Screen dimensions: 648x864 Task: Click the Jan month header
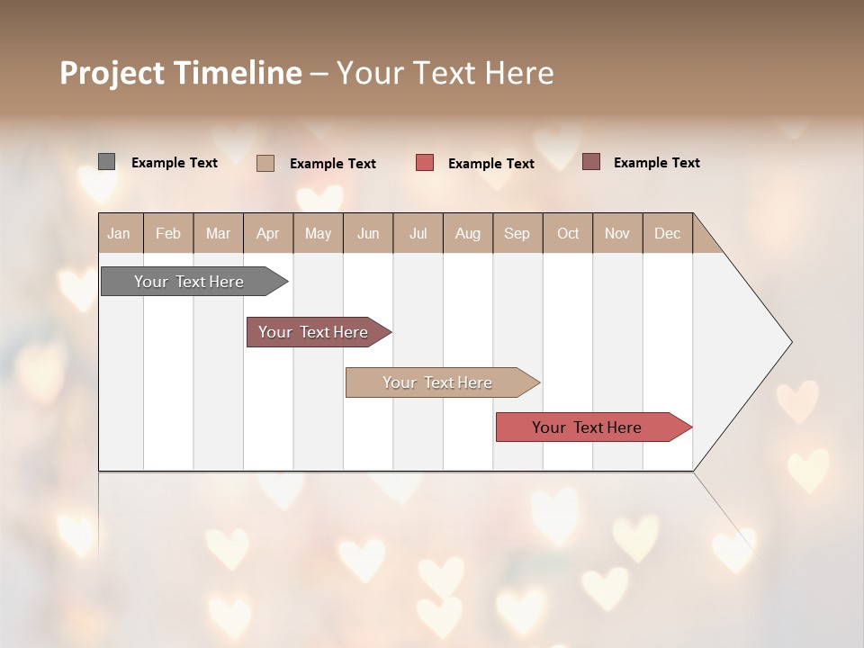pyautogui.click(x=120, y=233)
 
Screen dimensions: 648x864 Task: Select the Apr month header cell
pyautogui.click(x=268, y=233)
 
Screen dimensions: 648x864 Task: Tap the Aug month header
pyautogui.click(x=468, y=233)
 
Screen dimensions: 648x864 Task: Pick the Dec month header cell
pyautogui.click(x=667, y=233)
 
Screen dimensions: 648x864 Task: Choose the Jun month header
pyautogui.click(x=368, y=233)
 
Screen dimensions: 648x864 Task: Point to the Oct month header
pyautogui.click(x=568, y=233)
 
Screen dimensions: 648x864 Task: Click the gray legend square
pyautogui.click(x=106, y=162)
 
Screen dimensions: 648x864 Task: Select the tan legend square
pyautogui.click(x=265, y=163)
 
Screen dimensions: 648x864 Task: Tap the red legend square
pyautogui.click(x=425, y=163)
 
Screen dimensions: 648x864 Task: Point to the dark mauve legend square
pyautogui.click(x=591, y=162)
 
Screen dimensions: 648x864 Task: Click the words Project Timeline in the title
pyautogui.click(x=180, y=73)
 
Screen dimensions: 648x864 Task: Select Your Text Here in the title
pyautogui.click(x=445, y=73)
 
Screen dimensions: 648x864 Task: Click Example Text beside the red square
pyautogui.click(x=490, y=164)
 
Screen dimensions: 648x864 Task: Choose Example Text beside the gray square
pyautogui.click(x=175, y=163)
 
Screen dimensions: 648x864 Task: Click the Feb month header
pyautogui.click(x=168, y=233)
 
